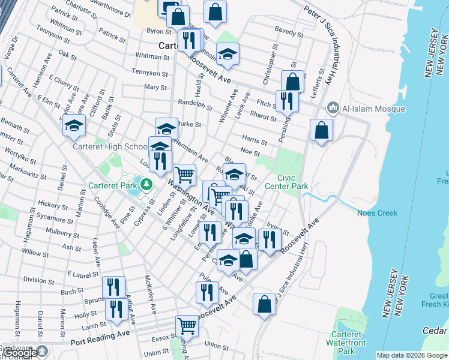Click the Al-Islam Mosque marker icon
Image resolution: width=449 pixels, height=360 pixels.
(334, 109)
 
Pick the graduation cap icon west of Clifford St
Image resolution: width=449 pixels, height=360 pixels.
(74, 125)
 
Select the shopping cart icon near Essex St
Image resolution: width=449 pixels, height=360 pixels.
(187, 327)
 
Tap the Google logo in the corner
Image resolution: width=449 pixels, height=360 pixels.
(21, 353)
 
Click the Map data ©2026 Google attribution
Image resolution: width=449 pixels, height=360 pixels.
(411, 355)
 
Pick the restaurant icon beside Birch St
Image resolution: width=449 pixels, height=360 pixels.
(113, 287)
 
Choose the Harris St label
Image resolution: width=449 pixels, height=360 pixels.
(255, 141)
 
